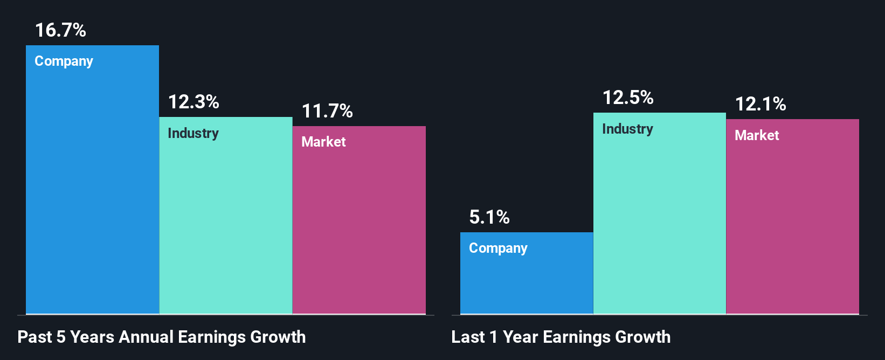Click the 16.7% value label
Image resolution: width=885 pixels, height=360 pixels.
[60, 30]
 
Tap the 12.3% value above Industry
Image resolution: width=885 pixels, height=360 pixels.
[193, 102]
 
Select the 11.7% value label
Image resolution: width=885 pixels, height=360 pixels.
[327, 111]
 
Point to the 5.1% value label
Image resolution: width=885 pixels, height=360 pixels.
[489, 217]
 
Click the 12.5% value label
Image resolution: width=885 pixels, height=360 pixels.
[628, 98]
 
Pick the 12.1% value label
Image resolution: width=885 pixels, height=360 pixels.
[760, 104]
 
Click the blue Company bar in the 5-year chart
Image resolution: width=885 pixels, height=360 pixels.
[92, 189]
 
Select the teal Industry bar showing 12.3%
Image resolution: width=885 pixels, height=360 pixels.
[226, 226]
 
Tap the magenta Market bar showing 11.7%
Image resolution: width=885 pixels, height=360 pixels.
[359, 232]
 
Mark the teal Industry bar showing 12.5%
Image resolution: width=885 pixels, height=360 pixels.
[660, 226]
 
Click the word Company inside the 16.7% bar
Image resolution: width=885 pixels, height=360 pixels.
[64, 61]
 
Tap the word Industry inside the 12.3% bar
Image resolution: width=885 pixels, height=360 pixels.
[193, 133]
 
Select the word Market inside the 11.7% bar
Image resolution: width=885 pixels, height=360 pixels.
[323, 142]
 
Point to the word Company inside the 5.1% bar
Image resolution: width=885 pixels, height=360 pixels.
[498, 248]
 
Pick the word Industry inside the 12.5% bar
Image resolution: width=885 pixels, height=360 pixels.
[627, 129]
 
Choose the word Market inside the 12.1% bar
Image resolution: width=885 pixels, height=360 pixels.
[757, 135]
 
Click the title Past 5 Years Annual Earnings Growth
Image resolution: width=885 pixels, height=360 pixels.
[162, 337]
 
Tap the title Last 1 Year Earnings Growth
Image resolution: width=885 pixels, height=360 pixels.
[561, 337]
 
